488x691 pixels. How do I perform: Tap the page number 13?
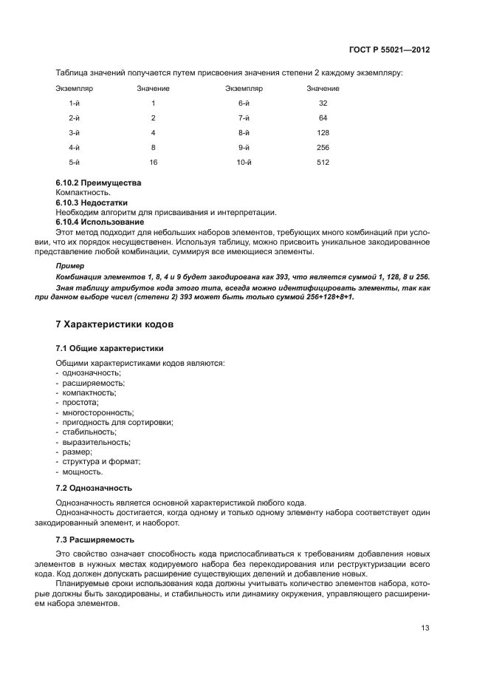coord(425,628)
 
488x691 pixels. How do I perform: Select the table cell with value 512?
coord(323,162)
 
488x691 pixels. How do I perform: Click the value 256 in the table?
coord(323,147)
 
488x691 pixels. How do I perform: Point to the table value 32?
coord(323,103)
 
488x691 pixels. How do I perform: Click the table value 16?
coord(153,162)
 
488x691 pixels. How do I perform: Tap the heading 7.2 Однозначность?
coord(94,488)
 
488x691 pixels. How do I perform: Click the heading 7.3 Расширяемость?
coord(94,539)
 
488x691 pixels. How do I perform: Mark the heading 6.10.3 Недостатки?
coord(92,202)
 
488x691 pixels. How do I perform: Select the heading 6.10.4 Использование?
coord(100,222)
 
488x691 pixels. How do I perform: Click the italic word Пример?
coord(71,265)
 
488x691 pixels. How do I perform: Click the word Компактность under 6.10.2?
coord(83,192)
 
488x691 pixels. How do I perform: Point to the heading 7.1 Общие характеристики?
coord(109,347)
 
